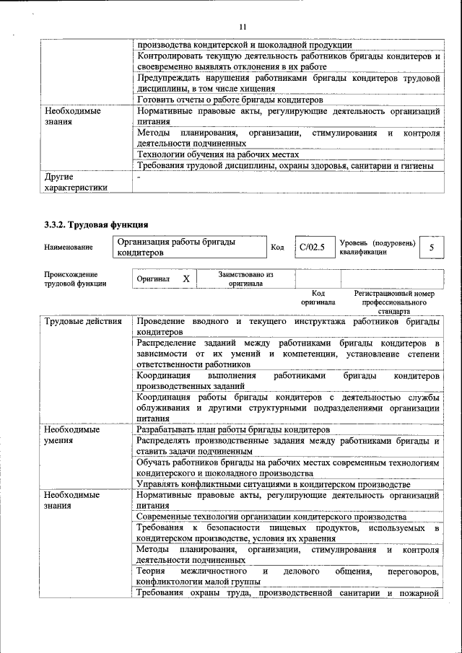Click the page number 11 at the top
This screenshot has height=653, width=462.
tap(243, 27)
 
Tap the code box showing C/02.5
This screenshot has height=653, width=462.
tap(312, 247)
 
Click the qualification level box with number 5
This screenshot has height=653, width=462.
tap(431, 247)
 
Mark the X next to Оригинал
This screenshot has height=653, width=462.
tap(186, 279)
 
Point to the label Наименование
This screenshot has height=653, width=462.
tap(69, 248)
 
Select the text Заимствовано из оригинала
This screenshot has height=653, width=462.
tap(245, 279)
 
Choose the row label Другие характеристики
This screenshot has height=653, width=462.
tap(76, 182)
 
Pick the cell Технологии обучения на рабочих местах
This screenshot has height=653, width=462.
tap(217, 154)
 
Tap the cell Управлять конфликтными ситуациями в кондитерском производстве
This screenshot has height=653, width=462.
tap(274, 484)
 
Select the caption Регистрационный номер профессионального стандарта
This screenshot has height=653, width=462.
tap(394, 302)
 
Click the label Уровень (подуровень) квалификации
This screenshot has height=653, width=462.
tap(377, 247)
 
